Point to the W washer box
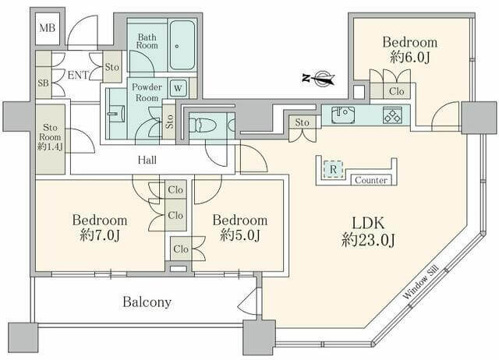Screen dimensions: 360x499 (178, 88)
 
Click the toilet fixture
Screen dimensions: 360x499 (204, 125)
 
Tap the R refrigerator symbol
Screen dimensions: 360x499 (334, 168)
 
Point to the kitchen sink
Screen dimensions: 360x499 (342, 115)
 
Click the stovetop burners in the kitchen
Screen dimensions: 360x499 (391, 115)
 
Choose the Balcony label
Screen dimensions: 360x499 (146, 301)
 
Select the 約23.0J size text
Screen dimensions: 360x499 (368, 241)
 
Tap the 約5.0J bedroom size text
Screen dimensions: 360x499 (239, 235)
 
